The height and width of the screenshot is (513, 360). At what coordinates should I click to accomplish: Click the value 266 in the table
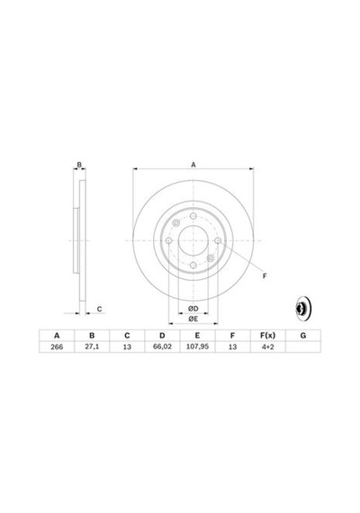tap(57, 346)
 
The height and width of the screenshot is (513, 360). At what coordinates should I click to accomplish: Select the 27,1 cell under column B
tap(92, 346)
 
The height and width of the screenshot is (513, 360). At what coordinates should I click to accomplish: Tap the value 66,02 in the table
tap(162, 346)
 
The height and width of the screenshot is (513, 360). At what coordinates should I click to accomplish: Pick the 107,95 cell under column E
tap(197, 346)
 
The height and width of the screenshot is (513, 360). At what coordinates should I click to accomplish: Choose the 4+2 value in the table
tap(267, 346)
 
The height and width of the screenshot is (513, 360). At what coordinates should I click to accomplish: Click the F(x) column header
tap(267, 336)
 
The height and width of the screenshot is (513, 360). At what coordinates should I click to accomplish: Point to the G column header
tap(303, 336)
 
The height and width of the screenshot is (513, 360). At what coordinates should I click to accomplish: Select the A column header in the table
tap(57, 336)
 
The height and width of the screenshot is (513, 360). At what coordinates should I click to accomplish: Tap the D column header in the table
tap(162, 336)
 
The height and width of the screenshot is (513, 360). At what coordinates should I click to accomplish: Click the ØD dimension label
tap(193, 309)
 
